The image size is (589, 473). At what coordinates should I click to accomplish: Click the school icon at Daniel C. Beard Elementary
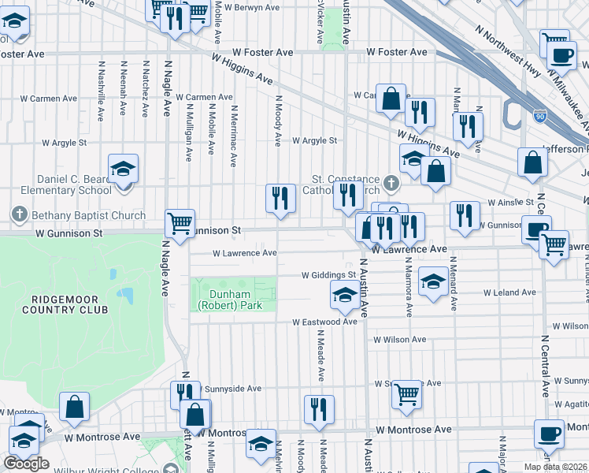(123, 169)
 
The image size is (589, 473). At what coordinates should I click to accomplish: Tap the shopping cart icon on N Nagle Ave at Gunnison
(180, 224)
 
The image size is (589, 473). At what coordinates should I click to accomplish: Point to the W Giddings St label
(329, 275)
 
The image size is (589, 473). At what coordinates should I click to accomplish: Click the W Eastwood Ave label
(325, 322)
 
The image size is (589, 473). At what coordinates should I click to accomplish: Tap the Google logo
(26, 464)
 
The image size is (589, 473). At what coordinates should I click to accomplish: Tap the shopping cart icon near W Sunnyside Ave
(406, 393)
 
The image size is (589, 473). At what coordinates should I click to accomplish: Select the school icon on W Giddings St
(344, 296)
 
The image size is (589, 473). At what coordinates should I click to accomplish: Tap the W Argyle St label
(314, 141)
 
